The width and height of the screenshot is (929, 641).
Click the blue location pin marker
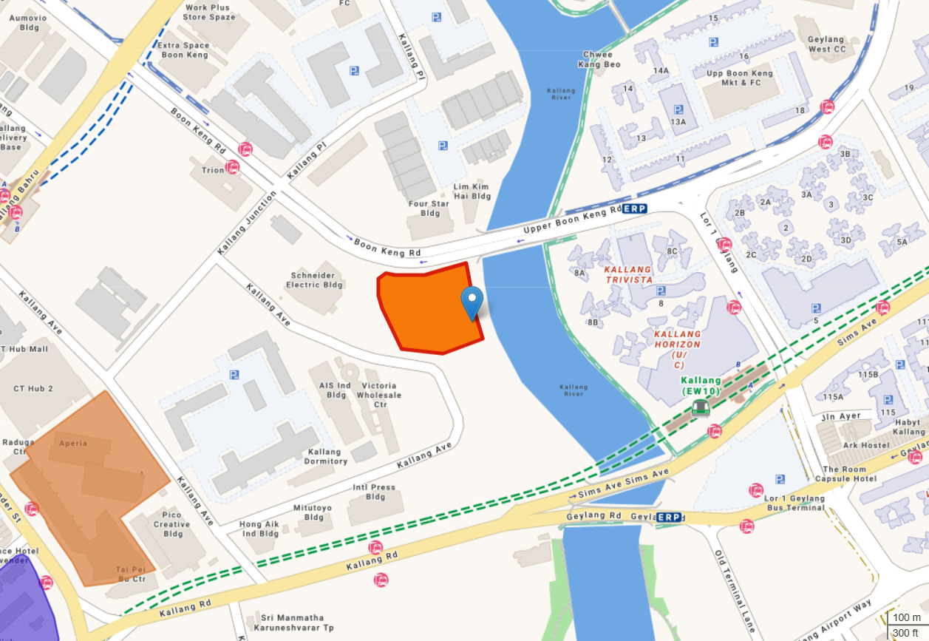pos(472,302)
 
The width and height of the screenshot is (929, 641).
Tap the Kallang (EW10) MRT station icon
pos(701,407)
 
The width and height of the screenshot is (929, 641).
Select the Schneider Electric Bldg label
pos(315,279)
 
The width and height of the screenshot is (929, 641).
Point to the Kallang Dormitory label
pos(325,456)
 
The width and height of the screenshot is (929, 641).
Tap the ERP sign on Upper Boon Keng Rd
pos(634,209)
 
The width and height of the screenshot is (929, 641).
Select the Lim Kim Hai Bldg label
pos(472,191)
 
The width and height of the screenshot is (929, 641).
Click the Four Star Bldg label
pos(429,208)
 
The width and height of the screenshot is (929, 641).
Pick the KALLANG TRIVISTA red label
pos(627,274)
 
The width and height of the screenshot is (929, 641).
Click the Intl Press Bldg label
pos(374,492)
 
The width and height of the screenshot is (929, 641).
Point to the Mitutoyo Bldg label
pos(313,512)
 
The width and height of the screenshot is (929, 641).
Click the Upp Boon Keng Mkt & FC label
pos(740,78)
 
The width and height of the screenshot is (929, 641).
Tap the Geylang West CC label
pos(826,44)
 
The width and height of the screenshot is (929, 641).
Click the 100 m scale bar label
pos(906,618)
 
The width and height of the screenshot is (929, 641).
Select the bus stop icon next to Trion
pos(233,167)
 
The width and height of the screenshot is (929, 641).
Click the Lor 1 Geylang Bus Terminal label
pos(794,503)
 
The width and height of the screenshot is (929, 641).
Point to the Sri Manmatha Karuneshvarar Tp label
pos(292,623)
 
